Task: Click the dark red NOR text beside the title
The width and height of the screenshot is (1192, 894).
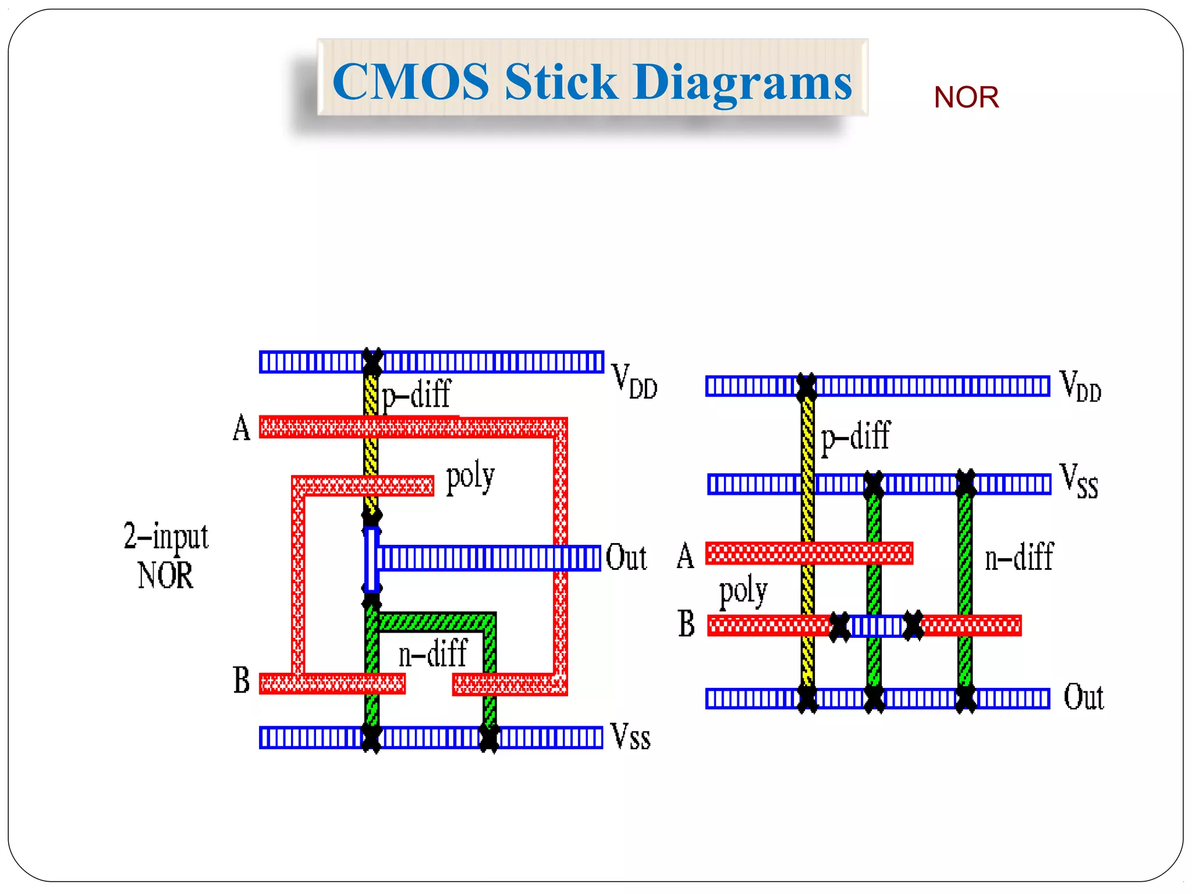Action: click(966, 97)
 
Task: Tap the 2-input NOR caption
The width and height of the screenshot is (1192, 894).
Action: click(166, 555)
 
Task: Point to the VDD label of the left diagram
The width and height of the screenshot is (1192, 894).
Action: click(634, 381)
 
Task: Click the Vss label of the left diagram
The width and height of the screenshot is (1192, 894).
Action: click(630, 737)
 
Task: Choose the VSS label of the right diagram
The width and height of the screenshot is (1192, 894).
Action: click(1079, 481)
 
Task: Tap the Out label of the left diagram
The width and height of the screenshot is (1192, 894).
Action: click(626, 558)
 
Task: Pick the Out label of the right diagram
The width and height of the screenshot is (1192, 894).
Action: click(1083, 697)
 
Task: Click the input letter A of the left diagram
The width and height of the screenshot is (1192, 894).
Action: click(242, 428)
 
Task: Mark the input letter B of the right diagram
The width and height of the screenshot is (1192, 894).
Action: click(686, 624)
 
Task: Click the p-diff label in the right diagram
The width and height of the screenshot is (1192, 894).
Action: click(855, 437)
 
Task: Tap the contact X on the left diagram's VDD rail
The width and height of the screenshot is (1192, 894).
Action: click(372, 361)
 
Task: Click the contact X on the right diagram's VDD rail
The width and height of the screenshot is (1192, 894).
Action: click(807, 386)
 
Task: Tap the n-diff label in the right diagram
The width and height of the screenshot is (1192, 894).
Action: click(1019, 557)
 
